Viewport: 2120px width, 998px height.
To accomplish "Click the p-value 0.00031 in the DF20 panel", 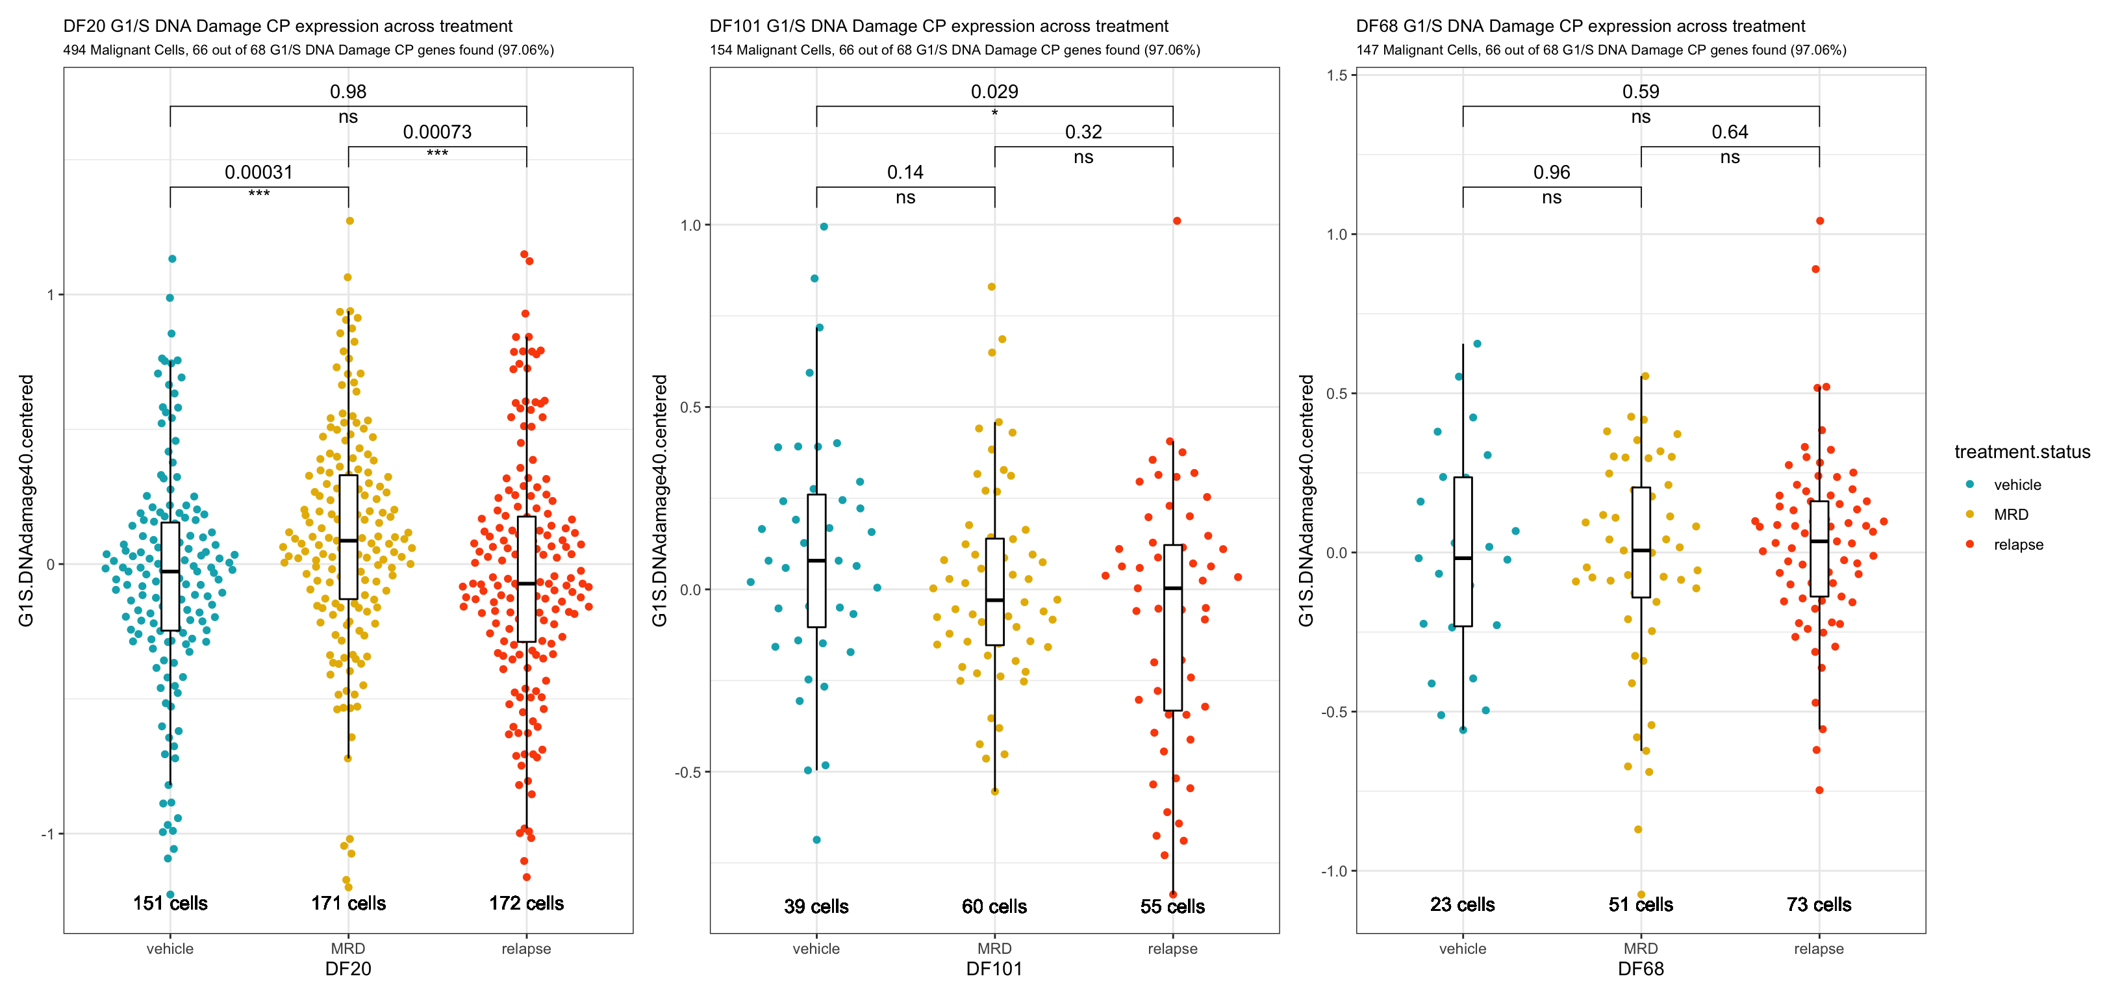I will [x=259, y=172].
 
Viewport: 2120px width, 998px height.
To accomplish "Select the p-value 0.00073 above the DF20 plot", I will [x=437, y=132].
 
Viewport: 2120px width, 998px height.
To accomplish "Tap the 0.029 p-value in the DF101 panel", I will [x=994, y=92].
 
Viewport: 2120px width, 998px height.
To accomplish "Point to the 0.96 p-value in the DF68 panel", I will [x=1551, y=172].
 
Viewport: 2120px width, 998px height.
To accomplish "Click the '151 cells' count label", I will [x=170, y=903].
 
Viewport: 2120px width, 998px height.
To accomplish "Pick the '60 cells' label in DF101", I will [x=994, y=906].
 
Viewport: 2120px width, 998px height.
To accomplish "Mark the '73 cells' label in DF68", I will [x=1819, y=904].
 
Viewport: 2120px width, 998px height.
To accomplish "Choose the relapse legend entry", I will [x=2018, y=544].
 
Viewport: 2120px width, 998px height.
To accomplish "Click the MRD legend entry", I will [x=2010, y=515].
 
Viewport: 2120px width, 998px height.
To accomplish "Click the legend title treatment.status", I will [x=2022, y=452].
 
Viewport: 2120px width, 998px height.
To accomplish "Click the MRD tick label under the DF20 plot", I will [x=348, y=949].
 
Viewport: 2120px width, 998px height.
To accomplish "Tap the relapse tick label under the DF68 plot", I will [x=1819, y=949].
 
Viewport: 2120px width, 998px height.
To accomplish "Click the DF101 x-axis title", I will [x=994, y=969].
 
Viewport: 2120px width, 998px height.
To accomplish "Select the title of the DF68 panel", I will [x=1580, y=27].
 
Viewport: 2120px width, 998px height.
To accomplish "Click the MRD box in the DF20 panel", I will [x=348, y=537].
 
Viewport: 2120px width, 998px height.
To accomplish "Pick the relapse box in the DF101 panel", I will [x=1173, y=628].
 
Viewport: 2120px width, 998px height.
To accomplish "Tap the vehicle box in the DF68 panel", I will [x=1463, y=552].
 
